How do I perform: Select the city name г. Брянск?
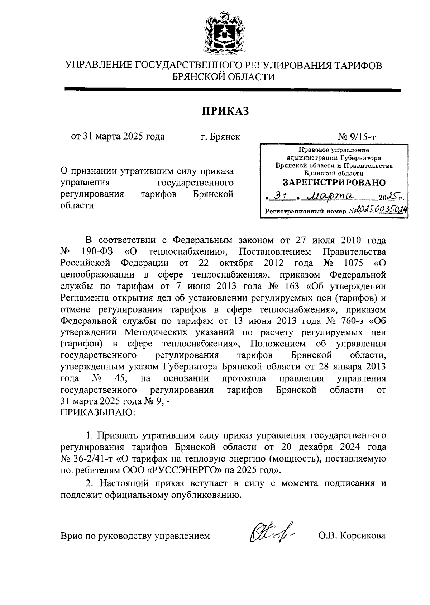click(220, 137)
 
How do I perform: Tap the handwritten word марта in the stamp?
click(331, 197)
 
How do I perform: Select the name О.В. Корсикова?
click(352, 536)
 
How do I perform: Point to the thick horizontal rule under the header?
click(233, 90)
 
